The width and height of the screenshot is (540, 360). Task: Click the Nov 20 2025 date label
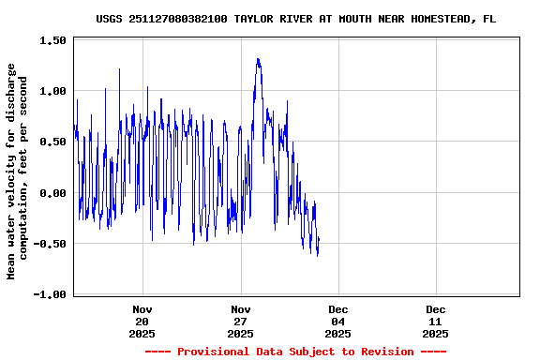142,322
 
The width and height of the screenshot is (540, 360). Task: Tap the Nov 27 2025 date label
241,322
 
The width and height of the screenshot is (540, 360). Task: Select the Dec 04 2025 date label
338,322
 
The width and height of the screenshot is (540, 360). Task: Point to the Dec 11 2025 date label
436,322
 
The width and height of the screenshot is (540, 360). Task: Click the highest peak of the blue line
258,58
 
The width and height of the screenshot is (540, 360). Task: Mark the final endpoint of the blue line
319,239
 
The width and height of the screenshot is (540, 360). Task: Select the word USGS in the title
110,19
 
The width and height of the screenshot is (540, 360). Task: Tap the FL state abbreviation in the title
489,19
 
